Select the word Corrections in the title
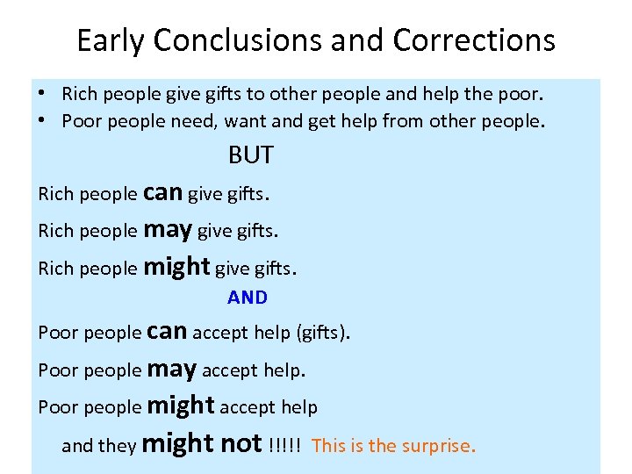coord(474,40)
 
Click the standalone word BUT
coord(250,155)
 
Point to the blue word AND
coord(248,298)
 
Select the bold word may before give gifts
coord(167,229)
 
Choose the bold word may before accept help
coord(171,369)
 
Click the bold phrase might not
coord(201,443)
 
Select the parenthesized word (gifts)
coord(323,333)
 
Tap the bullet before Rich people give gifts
coord(41,93)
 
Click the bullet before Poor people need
coord(41,120)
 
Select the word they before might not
coord(117,446)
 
